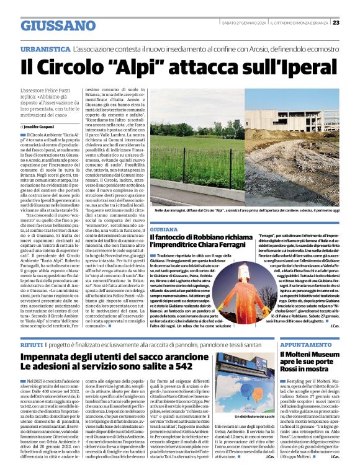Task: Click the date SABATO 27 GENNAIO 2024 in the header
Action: tap(240, 23)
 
